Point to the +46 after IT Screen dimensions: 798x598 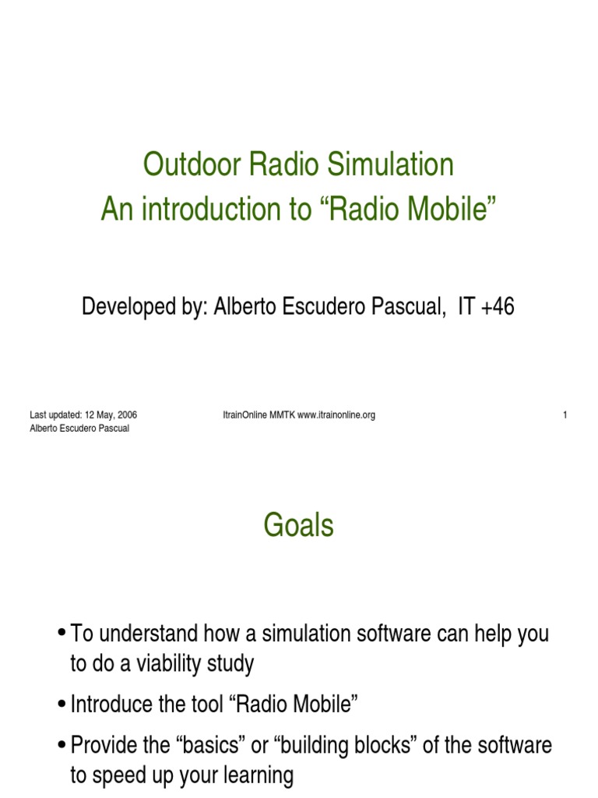click(x=497, y=307)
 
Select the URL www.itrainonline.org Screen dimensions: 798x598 click(x=336, y=415)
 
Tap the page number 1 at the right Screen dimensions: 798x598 click(x=565, y=415)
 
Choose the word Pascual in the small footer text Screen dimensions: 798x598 click(x=111, y=429)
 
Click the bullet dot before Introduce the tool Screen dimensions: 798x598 click(x=62, y=705)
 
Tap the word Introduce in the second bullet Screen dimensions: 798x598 click(x=110, y=704)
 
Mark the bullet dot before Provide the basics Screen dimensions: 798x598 click(x=62, y=746)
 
